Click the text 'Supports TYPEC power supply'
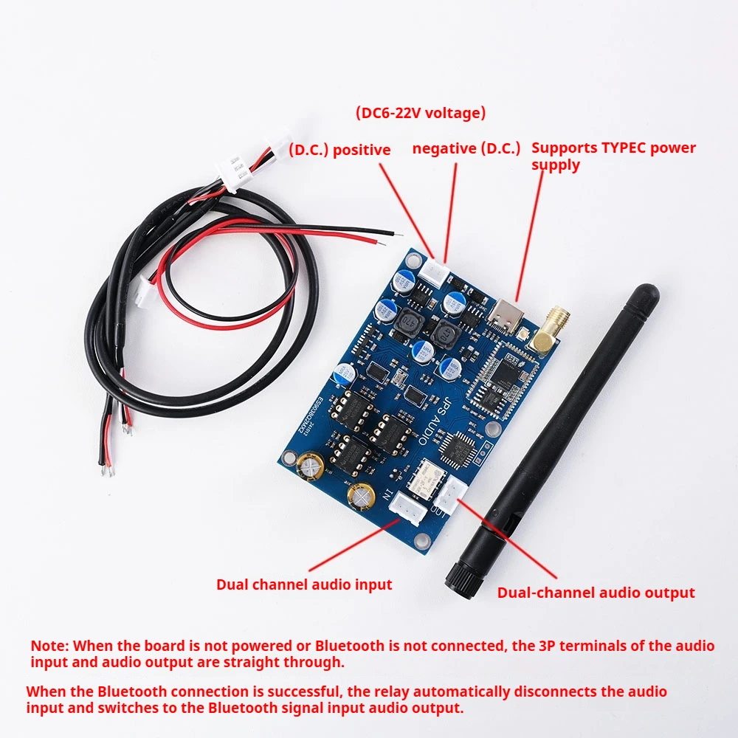click(x=613, y=155)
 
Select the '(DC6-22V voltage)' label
click(x=421, y=113)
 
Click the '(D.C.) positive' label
click(x=339, y=150)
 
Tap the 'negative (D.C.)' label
click(x=466, y=148)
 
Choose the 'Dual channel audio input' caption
click(x=304, y=584)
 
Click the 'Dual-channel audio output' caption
click(x=596, y=593)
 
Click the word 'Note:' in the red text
click(x=49, y=646)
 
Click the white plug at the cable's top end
click(x=233, y=172)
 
